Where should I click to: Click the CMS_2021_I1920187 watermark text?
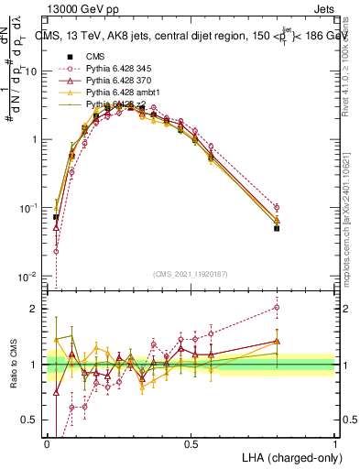coord(191,273)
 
